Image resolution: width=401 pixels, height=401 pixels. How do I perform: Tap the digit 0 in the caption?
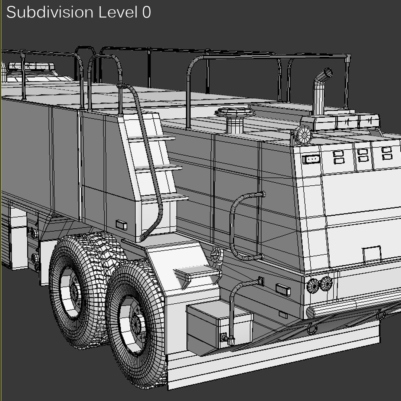(146, 12)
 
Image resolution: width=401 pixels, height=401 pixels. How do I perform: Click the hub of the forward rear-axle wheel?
(73, 292)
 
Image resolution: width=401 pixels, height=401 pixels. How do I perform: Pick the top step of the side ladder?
(156, 138)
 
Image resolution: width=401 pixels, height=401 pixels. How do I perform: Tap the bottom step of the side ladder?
(167, 198)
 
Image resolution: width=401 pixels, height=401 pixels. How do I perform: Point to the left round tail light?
(313, 285)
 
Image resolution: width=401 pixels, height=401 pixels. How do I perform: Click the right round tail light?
(326, 284)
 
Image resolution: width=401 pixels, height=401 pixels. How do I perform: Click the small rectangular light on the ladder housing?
(121, 225)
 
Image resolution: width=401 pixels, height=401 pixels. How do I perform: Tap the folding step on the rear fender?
(197, 274)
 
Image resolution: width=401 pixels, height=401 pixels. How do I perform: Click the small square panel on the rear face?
(372, 254)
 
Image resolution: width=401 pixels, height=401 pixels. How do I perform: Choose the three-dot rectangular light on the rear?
(309, 160)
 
